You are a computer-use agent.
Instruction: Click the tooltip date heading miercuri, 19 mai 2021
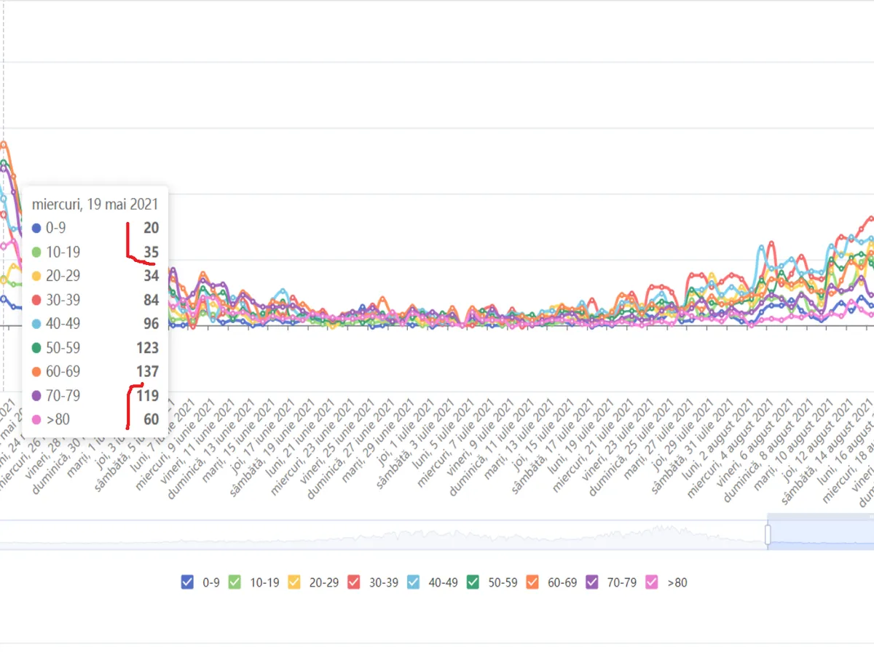95,205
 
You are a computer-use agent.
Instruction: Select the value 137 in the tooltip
147,372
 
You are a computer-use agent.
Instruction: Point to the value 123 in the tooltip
147,348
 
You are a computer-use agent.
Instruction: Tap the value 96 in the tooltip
151,324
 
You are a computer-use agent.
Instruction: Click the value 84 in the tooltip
151,300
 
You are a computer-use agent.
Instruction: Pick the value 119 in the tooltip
147,396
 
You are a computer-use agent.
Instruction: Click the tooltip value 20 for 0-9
151,229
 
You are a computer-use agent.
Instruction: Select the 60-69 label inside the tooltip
63,372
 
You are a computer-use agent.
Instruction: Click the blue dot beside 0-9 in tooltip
36,229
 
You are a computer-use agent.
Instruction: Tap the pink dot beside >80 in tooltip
36,420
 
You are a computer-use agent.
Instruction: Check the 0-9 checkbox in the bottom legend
187,582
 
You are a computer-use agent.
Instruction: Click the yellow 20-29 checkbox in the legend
294,582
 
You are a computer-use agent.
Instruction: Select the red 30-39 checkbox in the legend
354,582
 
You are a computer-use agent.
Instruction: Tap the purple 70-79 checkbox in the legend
592,582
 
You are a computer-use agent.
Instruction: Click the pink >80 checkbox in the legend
652,582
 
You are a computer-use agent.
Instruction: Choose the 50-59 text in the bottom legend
503,582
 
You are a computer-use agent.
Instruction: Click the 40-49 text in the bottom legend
443,582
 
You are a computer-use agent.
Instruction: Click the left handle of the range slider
767,535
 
